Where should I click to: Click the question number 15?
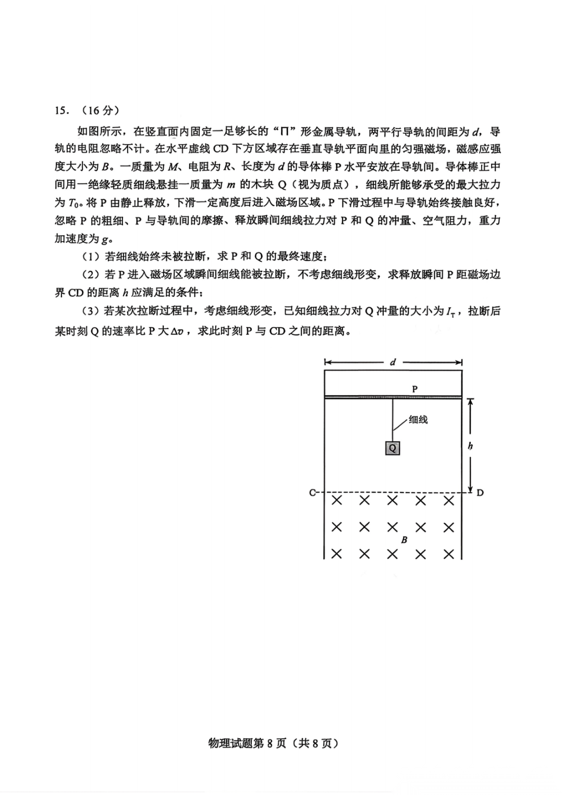(x=61, y=111)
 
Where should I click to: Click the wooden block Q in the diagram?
(x=393, y=448)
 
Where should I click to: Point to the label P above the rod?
(x=415, y=389)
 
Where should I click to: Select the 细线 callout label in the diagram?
(x=418, y=420)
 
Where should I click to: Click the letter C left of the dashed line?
(x=312, y=492)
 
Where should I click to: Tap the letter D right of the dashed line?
(x=480, y=493)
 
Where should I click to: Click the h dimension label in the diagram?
(x=470, y=446)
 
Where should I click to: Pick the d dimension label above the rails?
(x=393, y=362)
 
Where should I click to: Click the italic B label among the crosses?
(x=404, y=540)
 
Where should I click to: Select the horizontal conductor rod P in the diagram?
(x=393, y=398)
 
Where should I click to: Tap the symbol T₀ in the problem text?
(x=73, y=203)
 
